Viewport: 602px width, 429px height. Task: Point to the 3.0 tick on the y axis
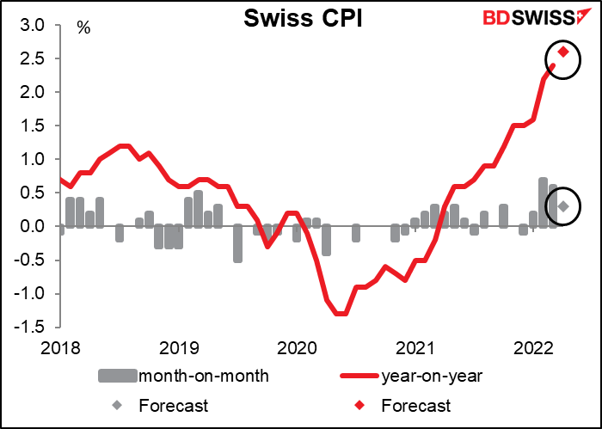[39, 25]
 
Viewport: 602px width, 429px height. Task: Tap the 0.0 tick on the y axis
[39, 227]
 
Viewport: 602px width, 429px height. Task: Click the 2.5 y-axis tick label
[39, 58]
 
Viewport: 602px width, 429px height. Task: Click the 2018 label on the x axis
[59, 348]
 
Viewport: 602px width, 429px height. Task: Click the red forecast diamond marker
[563, 52]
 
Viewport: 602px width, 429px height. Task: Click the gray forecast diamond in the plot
[563, 206]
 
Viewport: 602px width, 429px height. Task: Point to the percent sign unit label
[83, 27]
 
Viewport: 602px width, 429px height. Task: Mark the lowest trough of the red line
[341, 314]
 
